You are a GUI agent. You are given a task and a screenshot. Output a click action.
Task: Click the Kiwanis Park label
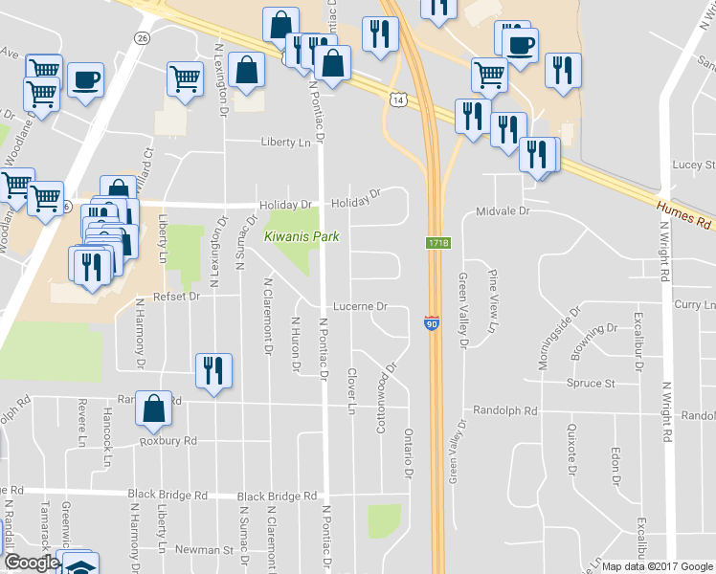tap(293, 235)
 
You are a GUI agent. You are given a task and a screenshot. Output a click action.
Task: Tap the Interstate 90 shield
tap(432, 324)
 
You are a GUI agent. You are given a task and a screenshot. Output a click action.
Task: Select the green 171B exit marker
tap(437, 246)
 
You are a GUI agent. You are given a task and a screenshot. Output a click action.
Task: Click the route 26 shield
tap(143, 37)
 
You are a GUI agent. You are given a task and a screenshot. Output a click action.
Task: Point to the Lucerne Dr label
tap(359, 307)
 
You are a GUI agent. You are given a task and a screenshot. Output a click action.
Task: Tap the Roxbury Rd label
tap(168, 441)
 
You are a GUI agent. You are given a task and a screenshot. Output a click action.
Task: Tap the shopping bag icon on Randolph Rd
tap(153, 408)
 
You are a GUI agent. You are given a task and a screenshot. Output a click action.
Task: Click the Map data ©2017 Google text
tap(658, 566)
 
